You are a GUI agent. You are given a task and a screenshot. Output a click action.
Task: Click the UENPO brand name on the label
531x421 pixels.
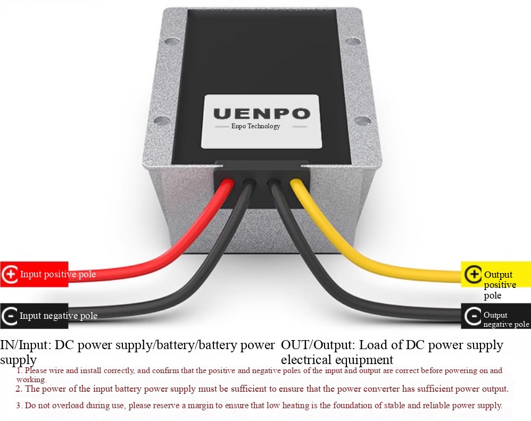(x=262, y=113)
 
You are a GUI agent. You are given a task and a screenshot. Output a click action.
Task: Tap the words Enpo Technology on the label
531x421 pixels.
(x=256, y=126)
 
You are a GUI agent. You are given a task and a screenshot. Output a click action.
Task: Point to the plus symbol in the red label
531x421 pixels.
(x=10, y=274)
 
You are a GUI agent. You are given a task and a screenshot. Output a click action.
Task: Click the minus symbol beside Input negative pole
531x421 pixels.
(x=10, y=316)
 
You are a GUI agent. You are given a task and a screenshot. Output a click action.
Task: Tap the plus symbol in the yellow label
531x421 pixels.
(x=473, y=274)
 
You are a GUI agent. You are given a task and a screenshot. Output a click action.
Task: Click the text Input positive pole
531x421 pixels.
(x=58, y=274)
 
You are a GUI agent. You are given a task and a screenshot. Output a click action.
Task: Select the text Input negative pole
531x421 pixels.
(x=58, y=316)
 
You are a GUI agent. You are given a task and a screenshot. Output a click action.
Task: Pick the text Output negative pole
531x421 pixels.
(x=506, y=319)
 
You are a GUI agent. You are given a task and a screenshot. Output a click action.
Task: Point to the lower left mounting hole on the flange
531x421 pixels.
(x=163, y=120)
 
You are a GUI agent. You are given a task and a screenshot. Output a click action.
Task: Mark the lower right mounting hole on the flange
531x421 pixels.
(x=363, y=120)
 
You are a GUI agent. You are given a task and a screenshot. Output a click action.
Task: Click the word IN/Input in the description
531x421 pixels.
(x=26, y=345)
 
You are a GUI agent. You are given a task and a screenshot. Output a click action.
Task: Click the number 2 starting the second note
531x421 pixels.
(x=18, y=389)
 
